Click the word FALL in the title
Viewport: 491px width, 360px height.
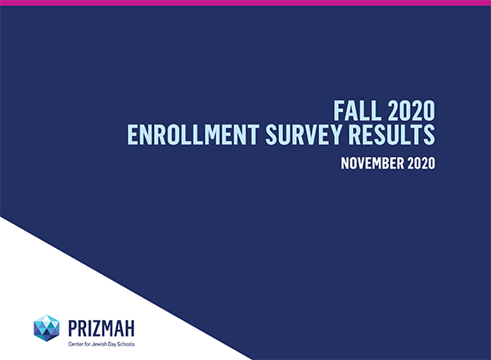click(x=358, y=110)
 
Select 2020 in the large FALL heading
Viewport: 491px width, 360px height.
click(x=411, y=110)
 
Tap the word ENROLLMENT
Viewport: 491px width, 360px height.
click(x=193, y=135)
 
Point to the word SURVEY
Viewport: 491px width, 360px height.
click(x=304, y=135)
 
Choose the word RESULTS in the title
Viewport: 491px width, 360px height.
click(x=391, y=135)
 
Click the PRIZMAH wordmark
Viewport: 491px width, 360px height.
click(x=101, y=328)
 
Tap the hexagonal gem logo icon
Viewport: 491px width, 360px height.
click(x=47, y=328)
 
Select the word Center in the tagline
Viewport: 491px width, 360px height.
click(x=74, y=344)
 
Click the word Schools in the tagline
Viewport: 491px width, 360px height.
click(x=125, y=344)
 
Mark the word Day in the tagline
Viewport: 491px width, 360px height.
click(x=112, y=344)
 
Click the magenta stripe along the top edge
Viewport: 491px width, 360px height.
click(x=245, y=2)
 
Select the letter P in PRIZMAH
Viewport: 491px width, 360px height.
click(x=73, y=328)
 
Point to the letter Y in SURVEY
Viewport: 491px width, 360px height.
click(x=336, y=135)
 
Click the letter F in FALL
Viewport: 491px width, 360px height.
click(x=339, y=110)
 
